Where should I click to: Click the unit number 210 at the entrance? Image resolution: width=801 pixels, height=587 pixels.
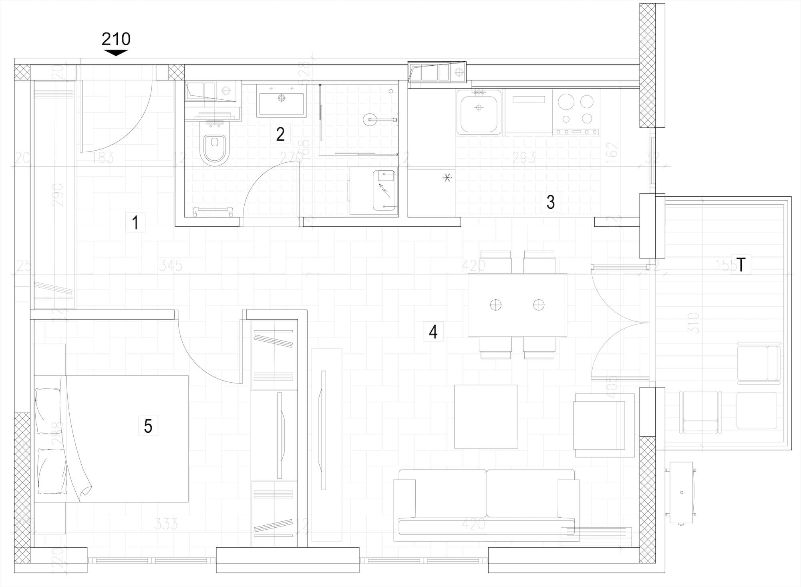coord(116,39)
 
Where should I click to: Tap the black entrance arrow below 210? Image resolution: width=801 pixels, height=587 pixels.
coord(116,52)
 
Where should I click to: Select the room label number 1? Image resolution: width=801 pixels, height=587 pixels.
coord(135,222)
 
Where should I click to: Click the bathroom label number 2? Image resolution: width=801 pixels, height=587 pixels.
coord(280,134)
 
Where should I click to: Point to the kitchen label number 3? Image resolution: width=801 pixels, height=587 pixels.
coord(551,202)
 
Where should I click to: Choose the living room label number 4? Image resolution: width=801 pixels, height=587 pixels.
coord(433,332)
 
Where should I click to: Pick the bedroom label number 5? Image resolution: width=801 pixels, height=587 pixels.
coord(148,426)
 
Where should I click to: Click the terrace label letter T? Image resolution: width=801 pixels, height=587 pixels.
coord(741,265)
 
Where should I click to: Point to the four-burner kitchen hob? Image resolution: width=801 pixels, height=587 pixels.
coord(576,110)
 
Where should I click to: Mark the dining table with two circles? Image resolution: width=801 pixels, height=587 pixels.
coord(517,305)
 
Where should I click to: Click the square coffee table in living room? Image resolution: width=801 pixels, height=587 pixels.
coord(486,416)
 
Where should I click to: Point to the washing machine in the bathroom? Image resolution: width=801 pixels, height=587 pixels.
coord(373,191)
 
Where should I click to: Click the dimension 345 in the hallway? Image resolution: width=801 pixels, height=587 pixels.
coord(171,265)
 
